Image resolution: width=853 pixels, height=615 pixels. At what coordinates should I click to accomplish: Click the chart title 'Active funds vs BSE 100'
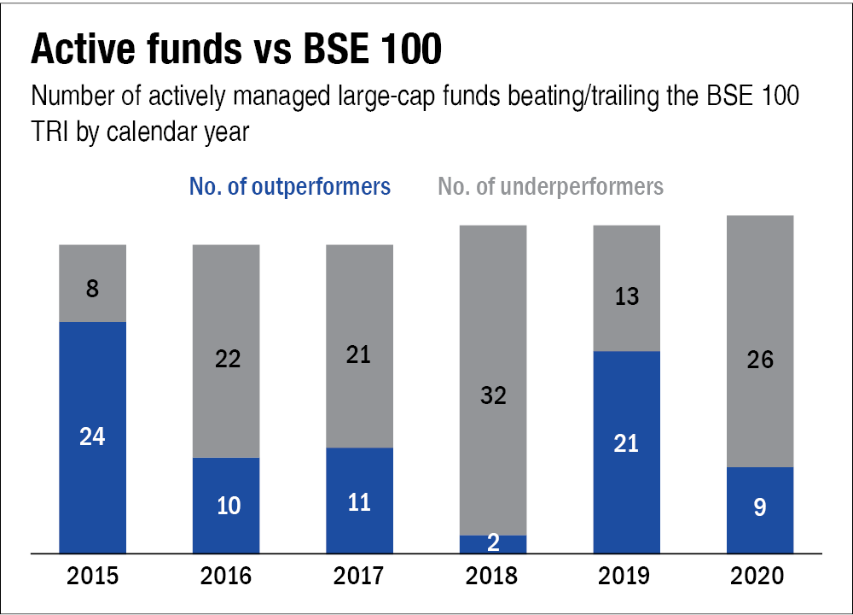tap(236, 51)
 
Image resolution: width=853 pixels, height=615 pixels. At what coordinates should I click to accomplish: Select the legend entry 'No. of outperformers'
tap(290, 186)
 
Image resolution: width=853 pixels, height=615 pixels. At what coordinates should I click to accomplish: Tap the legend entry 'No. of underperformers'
tap(550, 186)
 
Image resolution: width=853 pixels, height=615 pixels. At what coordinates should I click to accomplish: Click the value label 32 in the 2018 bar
tap(493, 395)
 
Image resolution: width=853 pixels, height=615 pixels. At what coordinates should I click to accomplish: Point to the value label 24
tap(92, 436)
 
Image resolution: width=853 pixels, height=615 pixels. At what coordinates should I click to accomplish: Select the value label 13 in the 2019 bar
tap(627, 296)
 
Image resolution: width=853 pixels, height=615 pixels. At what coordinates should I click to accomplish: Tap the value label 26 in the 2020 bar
tap(760, 360)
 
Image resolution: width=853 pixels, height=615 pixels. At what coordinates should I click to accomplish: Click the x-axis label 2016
tap(226, 577)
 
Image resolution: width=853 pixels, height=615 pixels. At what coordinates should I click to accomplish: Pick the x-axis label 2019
tap(627, 577)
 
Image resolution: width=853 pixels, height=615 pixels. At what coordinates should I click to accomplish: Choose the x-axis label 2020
tap(760, 577)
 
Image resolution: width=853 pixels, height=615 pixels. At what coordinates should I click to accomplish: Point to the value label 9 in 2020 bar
tap(760, 507)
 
